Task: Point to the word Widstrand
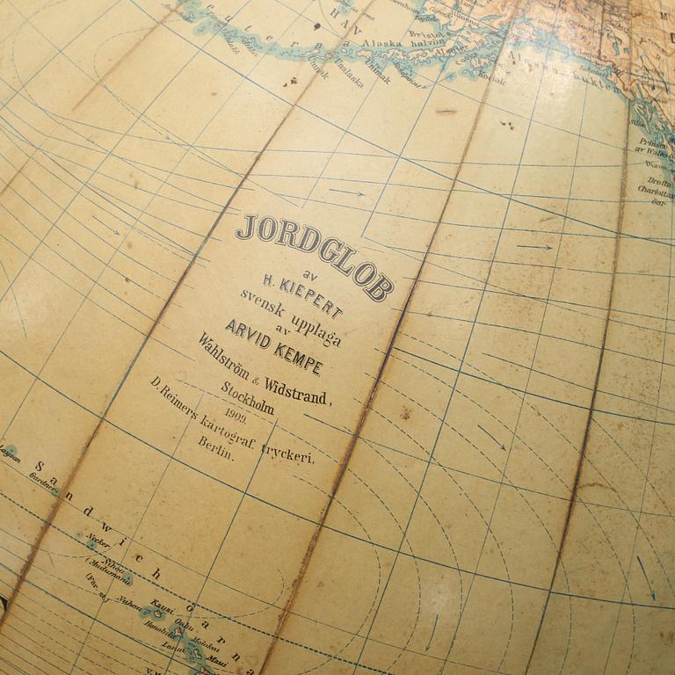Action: (x=300, y=388)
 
